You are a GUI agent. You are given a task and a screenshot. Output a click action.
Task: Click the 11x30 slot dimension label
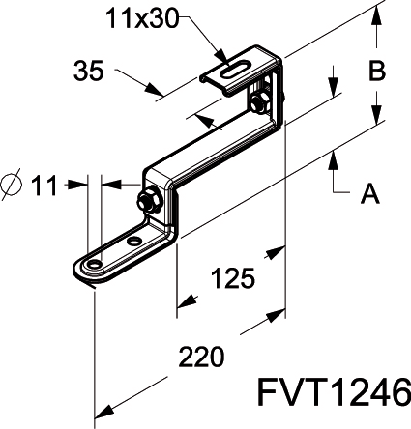click(x=142, y=18)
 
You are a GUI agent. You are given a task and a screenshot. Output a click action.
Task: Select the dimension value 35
click(x=89, y=71)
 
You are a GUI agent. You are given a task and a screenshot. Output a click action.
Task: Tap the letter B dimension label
click(x=377, y=71)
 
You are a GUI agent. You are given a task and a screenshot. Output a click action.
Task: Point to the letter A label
click(x=370, y=193)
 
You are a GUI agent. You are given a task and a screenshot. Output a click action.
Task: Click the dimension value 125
click(x=233, y=277)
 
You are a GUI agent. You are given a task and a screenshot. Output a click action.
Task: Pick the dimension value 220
click(x=201, y=357)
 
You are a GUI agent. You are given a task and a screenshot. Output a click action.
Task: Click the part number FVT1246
click(x=334, y=392)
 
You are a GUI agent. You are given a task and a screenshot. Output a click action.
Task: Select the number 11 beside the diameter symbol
click(x=44, y=186)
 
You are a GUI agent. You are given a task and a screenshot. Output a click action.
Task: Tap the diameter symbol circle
click(x=12, y=185)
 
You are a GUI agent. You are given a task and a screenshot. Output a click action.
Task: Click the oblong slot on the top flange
click(x=235, y=70)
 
